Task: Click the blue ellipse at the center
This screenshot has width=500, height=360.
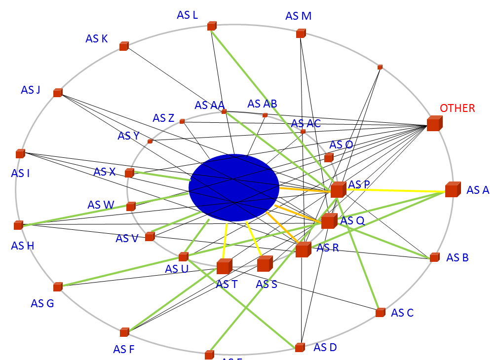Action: [x=234, y=187]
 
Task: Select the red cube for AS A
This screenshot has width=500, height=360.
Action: [x=452, y=190]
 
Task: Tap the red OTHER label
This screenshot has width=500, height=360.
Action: [x=457, y=108]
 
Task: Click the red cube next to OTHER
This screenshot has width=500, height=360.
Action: [x=434, y=123]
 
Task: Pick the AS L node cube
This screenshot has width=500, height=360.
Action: [x=212, y=26]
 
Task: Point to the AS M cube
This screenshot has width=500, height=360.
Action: [x=301, y=34]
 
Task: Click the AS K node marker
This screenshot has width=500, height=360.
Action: [x=123, y=46]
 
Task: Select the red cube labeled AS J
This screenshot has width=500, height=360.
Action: [x=58, y=93]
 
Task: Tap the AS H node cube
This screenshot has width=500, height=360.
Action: [x=19, y=225]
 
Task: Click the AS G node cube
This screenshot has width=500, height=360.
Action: [x=58, y=287]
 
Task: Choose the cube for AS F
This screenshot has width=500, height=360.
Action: [x=124, y=332]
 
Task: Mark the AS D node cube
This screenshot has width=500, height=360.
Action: [x=300, y=348]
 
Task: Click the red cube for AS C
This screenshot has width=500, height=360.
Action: [x=380, y=313]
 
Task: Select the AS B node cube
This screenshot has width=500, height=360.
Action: [x=434, y=257]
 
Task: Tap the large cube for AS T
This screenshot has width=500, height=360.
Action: [x=224, y=266]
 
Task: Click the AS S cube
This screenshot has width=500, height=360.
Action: [x=265, y=264]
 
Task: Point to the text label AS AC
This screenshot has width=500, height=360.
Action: [x=306, y=123]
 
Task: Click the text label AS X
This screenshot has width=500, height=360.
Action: [x=104, y=172]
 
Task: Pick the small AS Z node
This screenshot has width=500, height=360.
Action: [x=182, y=121]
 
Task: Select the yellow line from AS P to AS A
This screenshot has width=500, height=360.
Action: [x=395, y=190]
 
